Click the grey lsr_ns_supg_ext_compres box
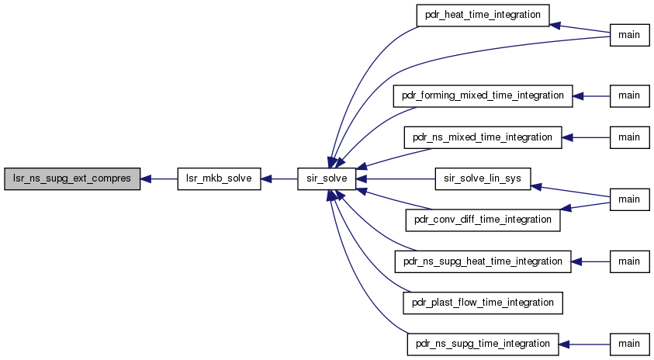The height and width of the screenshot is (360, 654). click(72, 179)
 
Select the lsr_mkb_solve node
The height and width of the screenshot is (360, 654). click(219, 179)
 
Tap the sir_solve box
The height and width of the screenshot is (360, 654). click(327, 179)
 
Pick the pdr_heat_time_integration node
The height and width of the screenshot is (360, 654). click(483, 16)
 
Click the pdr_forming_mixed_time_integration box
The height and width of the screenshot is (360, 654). click(483, 96)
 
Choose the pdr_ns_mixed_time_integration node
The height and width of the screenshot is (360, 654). click(483, 137)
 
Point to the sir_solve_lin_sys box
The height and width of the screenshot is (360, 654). click(483, 179)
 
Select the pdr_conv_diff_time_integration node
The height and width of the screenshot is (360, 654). click(483, 220)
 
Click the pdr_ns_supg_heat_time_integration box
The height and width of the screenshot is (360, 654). click(483, 261)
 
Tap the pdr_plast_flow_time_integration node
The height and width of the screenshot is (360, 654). click(483, 303)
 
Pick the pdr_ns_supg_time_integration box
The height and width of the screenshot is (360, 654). click(483, 344)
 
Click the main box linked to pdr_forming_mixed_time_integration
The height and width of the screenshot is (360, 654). click(629, 96)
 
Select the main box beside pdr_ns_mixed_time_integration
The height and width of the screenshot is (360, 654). click(629, 137)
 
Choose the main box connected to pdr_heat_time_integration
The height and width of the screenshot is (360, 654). click(629, 35)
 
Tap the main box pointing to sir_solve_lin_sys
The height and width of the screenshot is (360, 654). click(629, 199)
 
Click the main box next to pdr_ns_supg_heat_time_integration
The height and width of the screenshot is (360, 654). click(629, 261)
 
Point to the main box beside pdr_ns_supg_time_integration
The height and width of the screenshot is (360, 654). click(629, 344)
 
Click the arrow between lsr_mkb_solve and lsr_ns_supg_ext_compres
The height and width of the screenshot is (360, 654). click(159, 179)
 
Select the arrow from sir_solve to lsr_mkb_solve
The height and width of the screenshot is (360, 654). click(279, 179)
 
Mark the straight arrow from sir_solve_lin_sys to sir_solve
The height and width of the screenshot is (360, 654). click(396, 179)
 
